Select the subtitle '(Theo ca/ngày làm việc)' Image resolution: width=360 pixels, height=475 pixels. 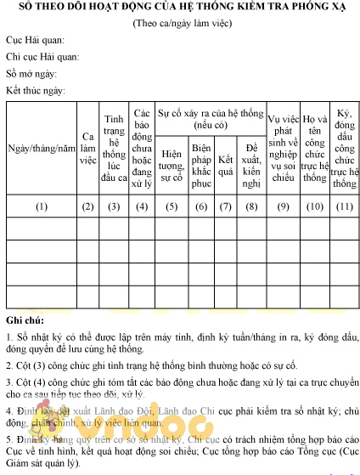tap(179, 23)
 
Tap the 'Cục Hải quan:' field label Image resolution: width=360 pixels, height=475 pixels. tap(35, 41)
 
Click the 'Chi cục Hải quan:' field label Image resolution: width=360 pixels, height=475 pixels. tap(42, 57)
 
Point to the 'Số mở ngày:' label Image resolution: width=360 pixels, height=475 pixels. tap(31, 73)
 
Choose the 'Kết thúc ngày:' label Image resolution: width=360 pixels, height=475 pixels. tap(35, 89)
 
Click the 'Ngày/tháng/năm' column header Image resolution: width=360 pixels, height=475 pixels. tap(42, 150)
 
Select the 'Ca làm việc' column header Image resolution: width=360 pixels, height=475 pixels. tap(87, 150)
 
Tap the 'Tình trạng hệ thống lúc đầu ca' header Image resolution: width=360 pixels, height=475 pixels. tap(115, 149)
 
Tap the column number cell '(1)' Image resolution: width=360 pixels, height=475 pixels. tap(42, 206)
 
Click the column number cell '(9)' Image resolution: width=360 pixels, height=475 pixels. tap(283, 206)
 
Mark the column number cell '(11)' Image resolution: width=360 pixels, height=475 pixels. tap(344, 206)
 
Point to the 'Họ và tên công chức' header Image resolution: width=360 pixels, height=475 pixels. tap(314, 149)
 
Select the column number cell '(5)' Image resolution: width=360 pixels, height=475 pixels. tap(172, 206)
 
